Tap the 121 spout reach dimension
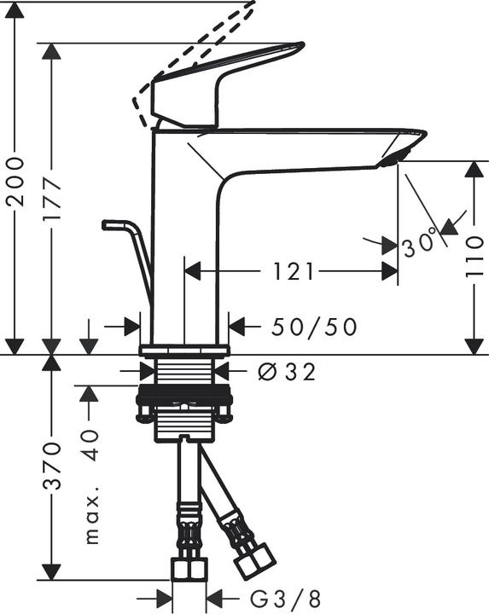click(292, 271)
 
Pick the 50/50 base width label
click(314, 326)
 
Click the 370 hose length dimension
click(53, 466)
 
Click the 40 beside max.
click(91, 443)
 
